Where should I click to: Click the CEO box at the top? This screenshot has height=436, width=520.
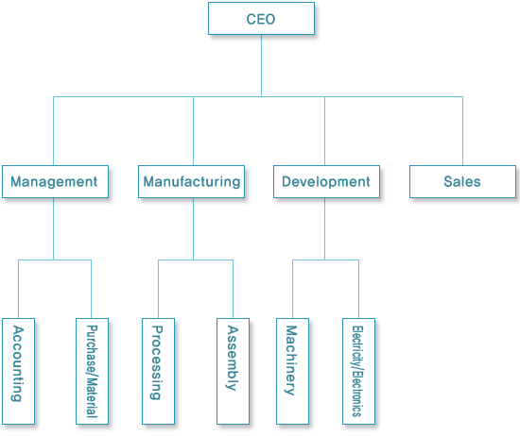(261, 19)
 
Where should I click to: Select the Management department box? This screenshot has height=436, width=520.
(56, 182)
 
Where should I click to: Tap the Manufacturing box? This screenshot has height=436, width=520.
(191, 182)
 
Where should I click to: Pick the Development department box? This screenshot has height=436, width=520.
(327, 182)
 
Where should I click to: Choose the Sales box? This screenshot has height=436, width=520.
(462, 182)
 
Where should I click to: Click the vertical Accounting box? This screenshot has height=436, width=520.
(18, 371)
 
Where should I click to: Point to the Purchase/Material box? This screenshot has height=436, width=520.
(93, 371)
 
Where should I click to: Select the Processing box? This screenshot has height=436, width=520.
(158, 371)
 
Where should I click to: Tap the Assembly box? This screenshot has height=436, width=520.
(233, 371)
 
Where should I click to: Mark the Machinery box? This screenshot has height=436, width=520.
(292, 371)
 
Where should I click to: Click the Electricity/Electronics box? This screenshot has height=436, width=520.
(359, 371)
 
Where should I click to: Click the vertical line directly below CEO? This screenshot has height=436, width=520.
(261, 65)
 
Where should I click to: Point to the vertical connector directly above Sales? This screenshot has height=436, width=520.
(462, 131)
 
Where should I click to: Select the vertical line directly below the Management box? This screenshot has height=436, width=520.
(53, 229)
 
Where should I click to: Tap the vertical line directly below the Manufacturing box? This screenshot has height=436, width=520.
(193, 229)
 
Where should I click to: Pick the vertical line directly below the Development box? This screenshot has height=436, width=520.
(324, 229)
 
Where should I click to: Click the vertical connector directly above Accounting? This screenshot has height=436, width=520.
(18, 290)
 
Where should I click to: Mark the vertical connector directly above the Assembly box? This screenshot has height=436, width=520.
(233, 290)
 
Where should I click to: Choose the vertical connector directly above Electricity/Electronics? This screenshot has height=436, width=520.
(359, 290)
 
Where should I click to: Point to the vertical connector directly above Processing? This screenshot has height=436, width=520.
(158, 290)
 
